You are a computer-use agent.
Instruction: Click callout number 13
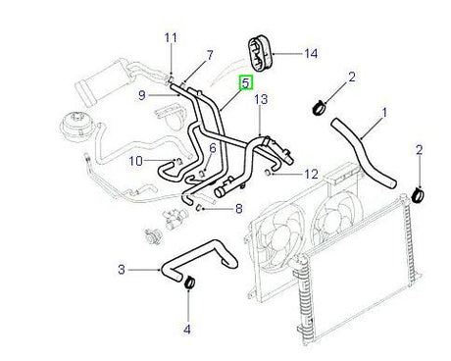click(260, 100)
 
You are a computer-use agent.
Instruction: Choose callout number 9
click(142, 94)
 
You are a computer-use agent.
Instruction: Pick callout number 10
click(137, 160)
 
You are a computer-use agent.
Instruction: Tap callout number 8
click(236, 208)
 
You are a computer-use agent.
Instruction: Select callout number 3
click(123, 269)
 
